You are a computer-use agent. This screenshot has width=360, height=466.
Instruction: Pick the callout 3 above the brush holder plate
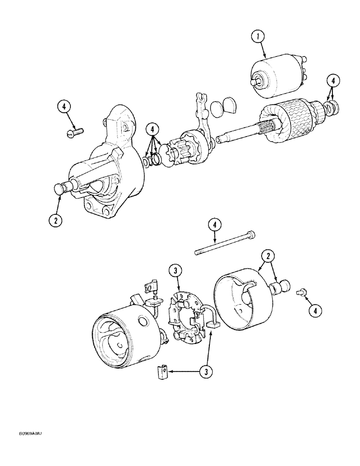tap(175, 271)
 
